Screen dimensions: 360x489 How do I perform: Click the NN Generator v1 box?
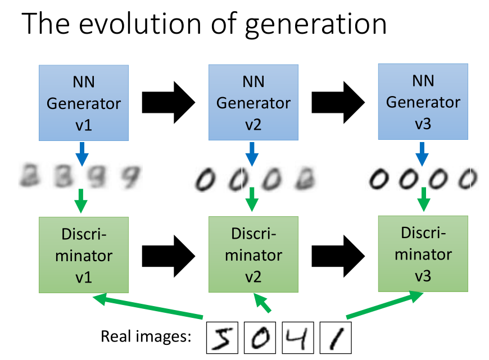click(x=84, y=103)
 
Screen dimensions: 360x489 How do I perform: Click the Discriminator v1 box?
click(x=84, y=255)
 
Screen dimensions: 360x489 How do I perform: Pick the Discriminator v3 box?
click(x=423, y=253)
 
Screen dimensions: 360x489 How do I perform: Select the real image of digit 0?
click(x=260, y=337)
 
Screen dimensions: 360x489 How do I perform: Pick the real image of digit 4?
click(x=297, y=337)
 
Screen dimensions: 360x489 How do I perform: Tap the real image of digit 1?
click(x=334, y=337)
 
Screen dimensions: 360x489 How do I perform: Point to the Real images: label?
click(x=146, y=337)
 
